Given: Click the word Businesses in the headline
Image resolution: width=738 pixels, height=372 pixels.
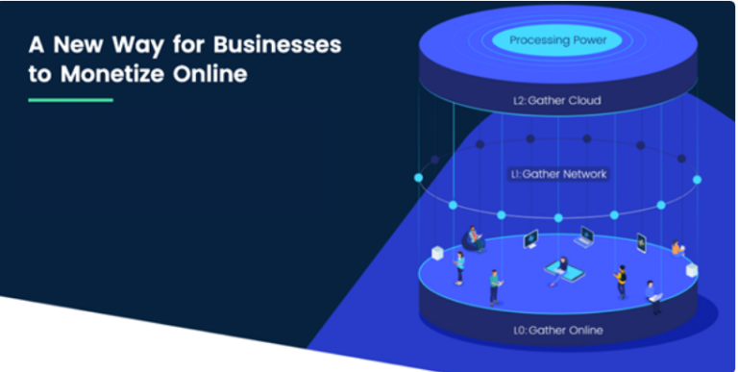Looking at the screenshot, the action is (277, 45).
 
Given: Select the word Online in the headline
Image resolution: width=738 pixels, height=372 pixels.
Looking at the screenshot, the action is (209, 74).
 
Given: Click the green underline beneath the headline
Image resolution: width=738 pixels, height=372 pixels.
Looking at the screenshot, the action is (70, 100).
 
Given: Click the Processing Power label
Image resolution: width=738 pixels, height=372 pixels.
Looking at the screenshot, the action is (557, 40).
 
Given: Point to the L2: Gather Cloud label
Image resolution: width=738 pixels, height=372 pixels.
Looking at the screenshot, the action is (556, 100).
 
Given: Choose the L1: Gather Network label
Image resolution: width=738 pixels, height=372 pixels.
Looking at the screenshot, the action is (558, 174).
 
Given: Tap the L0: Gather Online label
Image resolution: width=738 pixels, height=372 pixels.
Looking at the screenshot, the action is (557, 330).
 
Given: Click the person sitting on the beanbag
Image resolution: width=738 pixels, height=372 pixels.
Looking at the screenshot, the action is (475, 238).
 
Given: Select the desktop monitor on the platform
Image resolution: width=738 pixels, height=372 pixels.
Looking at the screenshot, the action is (530, 238).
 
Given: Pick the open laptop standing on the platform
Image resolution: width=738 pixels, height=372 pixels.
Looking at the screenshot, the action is (584, 236).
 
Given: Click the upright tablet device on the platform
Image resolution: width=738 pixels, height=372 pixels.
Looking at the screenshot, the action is (642, 243).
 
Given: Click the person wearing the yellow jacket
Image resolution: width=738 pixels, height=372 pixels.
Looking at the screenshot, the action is (621, 281).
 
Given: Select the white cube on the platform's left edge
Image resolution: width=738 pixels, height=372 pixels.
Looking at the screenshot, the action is (438, 253).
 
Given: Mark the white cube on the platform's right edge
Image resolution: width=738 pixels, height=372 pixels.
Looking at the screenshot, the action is (692, 270).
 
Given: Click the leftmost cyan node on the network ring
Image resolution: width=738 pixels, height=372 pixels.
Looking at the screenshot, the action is (418, 178).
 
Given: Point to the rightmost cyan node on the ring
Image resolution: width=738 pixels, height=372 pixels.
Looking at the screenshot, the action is (697, 180).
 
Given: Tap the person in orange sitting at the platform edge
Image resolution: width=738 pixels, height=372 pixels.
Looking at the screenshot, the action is (677, 249).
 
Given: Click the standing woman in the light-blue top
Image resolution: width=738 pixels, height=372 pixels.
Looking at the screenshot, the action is (460, 268).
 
